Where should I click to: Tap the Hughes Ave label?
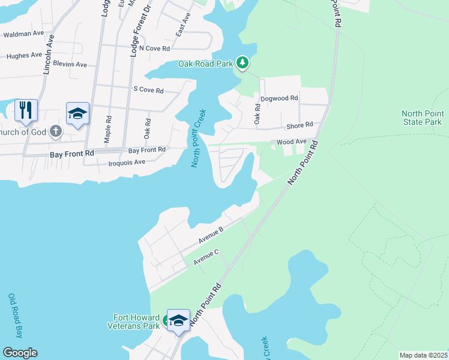coord(24,56)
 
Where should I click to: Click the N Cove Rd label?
coord(154,48)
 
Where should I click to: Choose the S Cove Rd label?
coord(148,90)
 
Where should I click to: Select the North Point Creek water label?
coord(198,137)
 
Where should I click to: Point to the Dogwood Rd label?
coord(279,98)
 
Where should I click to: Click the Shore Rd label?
coord(300,125)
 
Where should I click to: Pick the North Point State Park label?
coord(423,118)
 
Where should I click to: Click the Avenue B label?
coord(211,233)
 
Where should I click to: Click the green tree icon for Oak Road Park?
coord(243,62)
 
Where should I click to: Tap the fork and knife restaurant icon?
coord(26,110)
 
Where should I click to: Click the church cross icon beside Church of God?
coord(55,131)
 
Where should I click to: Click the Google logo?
coord(20,353)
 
